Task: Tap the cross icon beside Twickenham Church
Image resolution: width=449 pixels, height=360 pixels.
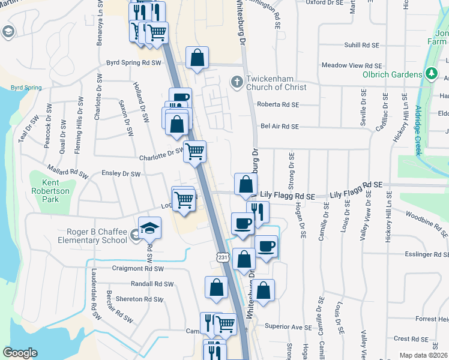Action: point(237,80)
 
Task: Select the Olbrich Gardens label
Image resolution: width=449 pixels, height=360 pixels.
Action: point(393,74)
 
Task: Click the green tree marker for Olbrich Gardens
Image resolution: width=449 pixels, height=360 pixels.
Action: point(430,73)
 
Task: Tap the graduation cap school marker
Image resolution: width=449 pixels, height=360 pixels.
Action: point(149,227)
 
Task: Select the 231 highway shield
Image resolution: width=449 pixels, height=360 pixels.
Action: point(223,257)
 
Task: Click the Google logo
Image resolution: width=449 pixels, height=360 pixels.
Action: point(20,353)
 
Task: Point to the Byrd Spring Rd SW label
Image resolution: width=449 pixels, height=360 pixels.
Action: point(134,62)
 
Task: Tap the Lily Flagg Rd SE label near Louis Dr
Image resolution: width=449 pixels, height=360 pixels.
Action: point(355,196)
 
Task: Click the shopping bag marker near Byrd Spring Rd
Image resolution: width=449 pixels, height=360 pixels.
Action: point(197,58)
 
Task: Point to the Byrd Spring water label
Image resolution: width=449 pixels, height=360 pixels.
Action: point(26,88)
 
